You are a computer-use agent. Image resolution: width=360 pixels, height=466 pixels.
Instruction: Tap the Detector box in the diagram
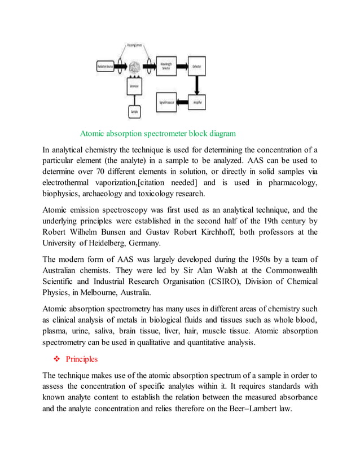tap(197, 66)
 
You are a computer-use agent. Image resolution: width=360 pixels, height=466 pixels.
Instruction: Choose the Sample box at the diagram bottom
tap(135, 112)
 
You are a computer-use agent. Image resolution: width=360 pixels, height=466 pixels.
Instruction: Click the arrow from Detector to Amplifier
tap(197, 84)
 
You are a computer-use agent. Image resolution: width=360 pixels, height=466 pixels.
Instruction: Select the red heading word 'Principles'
tap(82, 359)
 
